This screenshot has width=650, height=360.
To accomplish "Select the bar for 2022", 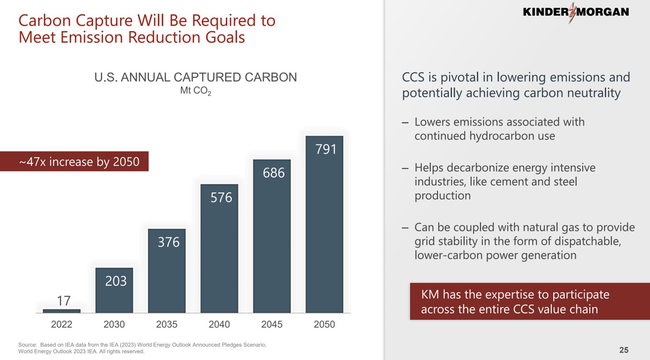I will point(62,311).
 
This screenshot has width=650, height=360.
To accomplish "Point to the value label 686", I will point(273,173).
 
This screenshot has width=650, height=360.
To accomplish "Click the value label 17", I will point(63,301).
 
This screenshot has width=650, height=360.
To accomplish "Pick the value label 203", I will point(115,281).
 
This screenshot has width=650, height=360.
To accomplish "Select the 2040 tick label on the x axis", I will point(219,324).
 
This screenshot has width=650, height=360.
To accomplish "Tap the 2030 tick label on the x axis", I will point(114,324).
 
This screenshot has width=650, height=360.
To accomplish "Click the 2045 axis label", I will point(272,324).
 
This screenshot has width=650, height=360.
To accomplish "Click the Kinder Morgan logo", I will point(575,12).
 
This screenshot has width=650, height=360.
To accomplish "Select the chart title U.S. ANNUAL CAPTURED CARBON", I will point(195,77).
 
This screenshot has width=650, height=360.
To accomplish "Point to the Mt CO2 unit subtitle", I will point(195,91).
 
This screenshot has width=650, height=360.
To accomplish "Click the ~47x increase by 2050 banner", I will point(79,162).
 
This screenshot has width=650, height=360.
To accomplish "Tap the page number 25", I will point(623,350).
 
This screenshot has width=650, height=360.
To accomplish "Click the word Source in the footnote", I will point(27,345).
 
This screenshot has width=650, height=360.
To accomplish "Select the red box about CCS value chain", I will point(529,302).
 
